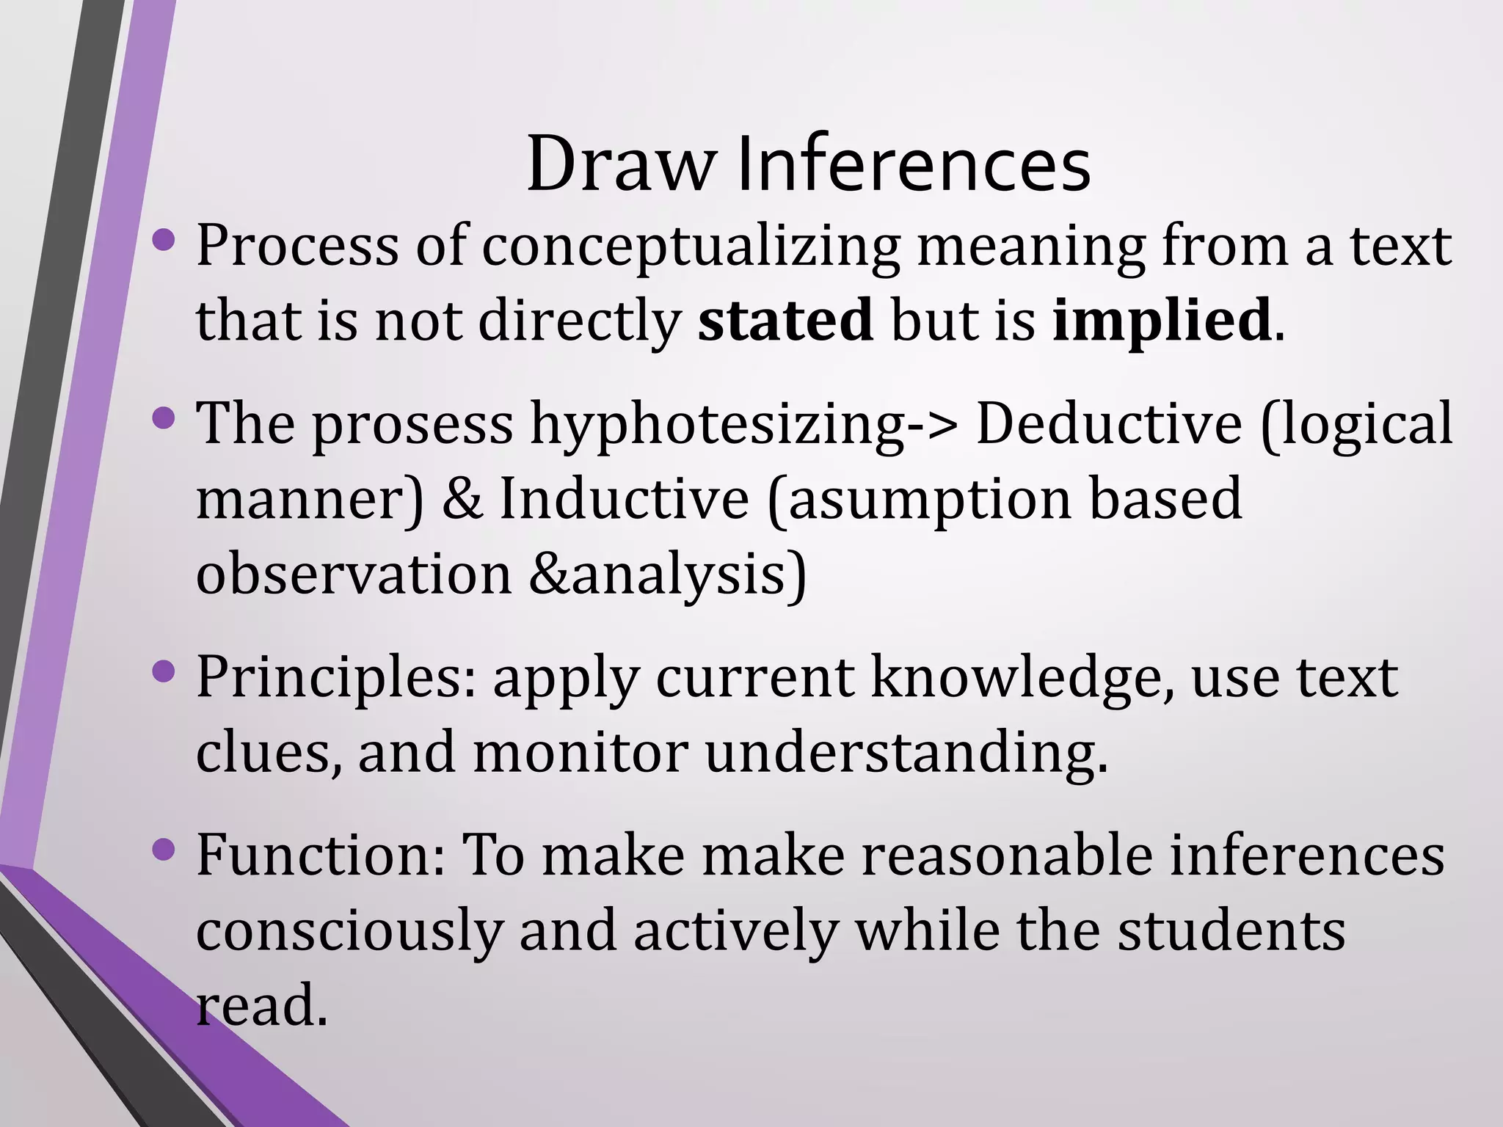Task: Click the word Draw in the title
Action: [619, 164]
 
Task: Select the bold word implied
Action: [1162, 321]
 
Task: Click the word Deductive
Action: [1108, 424]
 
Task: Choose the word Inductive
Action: [624, 499]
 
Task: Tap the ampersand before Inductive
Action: [462, 499]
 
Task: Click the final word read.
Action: [260, 1005]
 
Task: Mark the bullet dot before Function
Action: [164, 850]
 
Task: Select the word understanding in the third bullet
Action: [906, 754]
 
